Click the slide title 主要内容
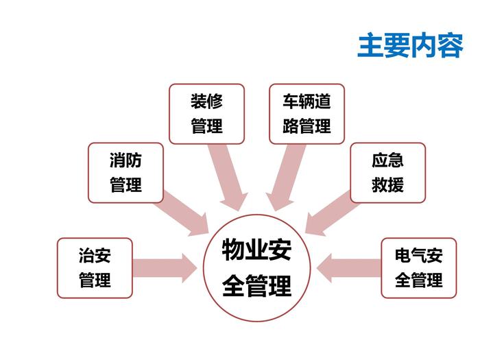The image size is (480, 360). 410,45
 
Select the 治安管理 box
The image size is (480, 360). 95,268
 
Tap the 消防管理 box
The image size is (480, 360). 126,173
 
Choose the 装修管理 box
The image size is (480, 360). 206,114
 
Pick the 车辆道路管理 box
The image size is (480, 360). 307,114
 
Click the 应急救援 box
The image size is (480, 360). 387,173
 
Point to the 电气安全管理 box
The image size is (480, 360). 418,268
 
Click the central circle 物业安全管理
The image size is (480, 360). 256,268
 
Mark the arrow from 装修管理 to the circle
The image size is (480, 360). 229,175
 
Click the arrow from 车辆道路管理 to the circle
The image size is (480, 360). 285,175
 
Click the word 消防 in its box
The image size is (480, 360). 126,161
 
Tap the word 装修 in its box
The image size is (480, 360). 206,101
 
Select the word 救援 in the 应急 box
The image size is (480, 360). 387,185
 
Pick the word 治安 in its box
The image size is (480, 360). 95,256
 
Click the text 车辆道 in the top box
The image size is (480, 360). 307,101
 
